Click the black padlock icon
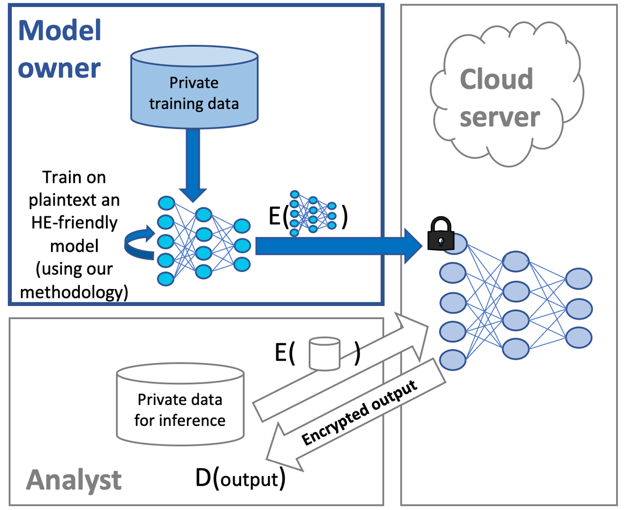441,234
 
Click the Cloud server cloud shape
505,94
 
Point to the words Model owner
59,49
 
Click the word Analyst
74,480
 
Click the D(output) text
240,478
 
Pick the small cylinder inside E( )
324,353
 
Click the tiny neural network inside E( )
313,213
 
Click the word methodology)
74,292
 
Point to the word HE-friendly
74,222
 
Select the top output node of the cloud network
578,279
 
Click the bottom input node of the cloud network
453,360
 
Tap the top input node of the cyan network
166,204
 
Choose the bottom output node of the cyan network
242,264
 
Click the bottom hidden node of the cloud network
516,349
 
